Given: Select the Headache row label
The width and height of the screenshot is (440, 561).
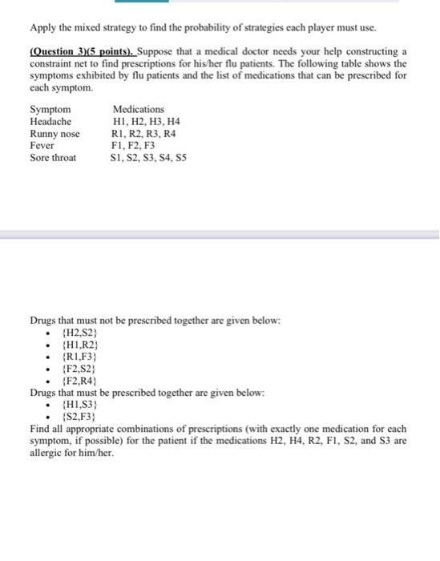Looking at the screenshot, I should pyautogui.click(x=51, y=121).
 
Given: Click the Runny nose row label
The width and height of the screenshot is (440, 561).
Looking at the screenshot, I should pyautogui.click(x=54, y=134).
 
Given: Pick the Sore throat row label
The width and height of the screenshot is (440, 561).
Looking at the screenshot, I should pyautogui.click(x=53, y=158).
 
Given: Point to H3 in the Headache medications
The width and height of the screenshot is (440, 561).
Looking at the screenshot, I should pyautogui.click(x=161, y=121).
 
